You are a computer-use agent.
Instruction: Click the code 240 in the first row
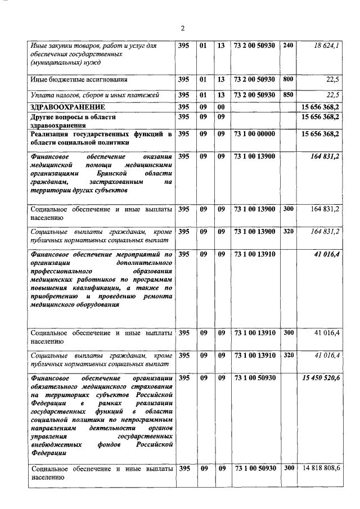click(x=287, y=45)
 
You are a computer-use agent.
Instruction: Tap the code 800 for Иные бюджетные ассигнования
click(x=287, y=79)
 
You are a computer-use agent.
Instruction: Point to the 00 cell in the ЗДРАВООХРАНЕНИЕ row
click(x=220, y=106)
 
